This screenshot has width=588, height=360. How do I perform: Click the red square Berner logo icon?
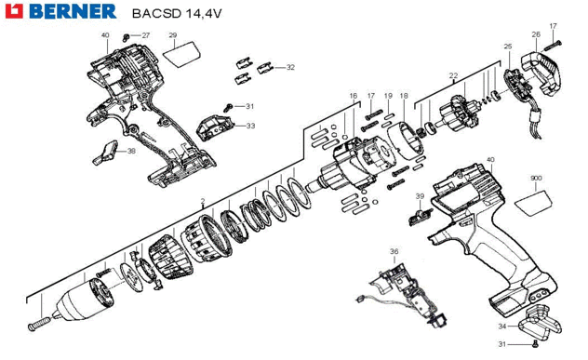click(14, 11)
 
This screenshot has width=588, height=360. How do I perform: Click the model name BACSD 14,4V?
click(177, 14)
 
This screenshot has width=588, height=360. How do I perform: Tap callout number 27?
click(145, 35)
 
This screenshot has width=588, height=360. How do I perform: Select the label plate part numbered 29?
click(181, 54)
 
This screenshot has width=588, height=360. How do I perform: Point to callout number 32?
click(290, 68)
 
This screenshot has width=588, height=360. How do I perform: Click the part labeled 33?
click(215, 128)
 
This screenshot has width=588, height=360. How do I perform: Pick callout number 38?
click(131, 151)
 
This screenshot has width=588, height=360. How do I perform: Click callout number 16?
click(354, 96)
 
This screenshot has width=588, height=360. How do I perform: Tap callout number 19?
click(388, 96)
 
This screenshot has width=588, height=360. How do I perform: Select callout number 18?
click(404, 96)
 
